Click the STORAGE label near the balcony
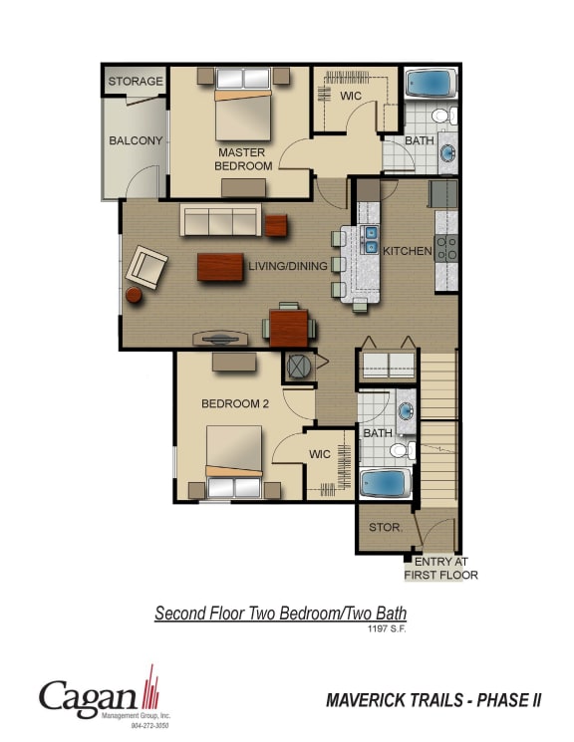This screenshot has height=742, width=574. point(135,81)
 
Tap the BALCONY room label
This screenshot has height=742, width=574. point(135,140)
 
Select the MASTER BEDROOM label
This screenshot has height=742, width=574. point(242,159)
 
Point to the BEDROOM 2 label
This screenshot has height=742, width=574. point(235,403)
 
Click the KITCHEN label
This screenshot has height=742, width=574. point(408,251)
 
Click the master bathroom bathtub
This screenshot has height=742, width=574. point(430,83)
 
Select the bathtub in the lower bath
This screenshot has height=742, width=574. point(385,483)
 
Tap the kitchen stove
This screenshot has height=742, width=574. point(446,248)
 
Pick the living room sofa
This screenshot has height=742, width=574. point(219,221)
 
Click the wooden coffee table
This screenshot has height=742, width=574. point(220,267)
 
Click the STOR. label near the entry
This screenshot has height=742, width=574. point(385,527)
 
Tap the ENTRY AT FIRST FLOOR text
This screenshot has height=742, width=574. point(440,568)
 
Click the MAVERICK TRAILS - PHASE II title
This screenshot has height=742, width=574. point(433,700)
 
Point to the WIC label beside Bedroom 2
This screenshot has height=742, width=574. point(319,454)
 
